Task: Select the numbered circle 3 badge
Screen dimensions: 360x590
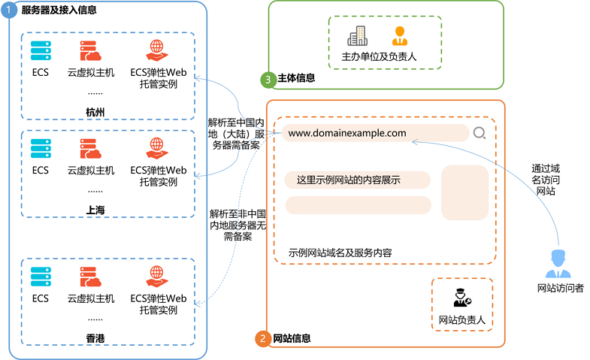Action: pyautogui.click(x=267, y=78)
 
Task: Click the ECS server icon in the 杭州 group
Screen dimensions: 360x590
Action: pyautogui.click(x=41, y=51)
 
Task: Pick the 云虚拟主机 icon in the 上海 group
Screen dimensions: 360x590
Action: pyautogui.click(x=90, y=148)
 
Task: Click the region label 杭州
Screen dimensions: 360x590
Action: pyautogui.click(x=95, y=113)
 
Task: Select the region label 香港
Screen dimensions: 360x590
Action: pyautogui.click(x=95, y=340)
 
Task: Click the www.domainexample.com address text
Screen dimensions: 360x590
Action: pyautogui.click(x=347, y=133)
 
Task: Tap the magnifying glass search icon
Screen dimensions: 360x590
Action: pyautogui.click(x=480, y=134)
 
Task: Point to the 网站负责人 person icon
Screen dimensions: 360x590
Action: pyautogui.click(x=461, y=298)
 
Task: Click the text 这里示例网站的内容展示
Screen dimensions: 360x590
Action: pyautogui.click(x=348, y=180)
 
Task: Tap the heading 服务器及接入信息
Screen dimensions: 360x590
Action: pyautogui.click(x=59, y=11)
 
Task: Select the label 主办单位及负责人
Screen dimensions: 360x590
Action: pyautogui.click(x=379, y=56)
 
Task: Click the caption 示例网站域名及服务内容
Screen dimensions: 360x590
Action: pyautogui.click(x=340, y=253)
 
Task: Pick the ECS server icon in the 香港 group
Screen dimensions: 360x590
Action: pyautogui.click(x=41, y=276)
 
